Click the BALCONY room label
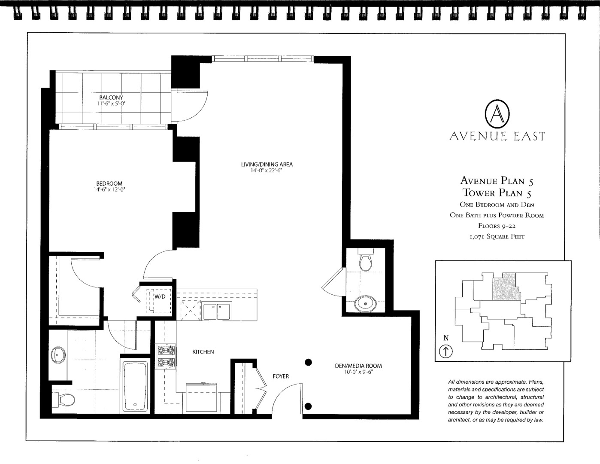click(x=111, y=98)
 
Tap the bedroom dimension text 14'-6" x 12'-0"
click(x=109, y=189)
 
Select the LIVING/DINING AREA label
click(x=267, y=165)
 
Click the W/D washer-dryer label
click(x=160, y=297)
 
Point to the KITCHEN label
click(x=203, y=352)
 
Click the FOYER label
click(x=281, y=376)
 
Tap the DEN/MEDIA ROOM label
click(x=358, y=366)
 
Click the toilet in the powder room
click(x=366, y=260)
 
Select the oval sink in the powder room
click(x=366, y=304)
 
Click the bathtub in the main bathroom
click(x=135, y=387)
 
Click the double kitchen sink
click(x=217, y=311)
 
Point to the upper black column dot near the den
click(x=308, y=362)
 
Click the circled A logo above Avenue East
click(x=497, y=114)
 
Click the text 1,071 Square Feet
click(x=497, y=236)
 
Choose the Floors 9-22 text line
click(x=497, y=226)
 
